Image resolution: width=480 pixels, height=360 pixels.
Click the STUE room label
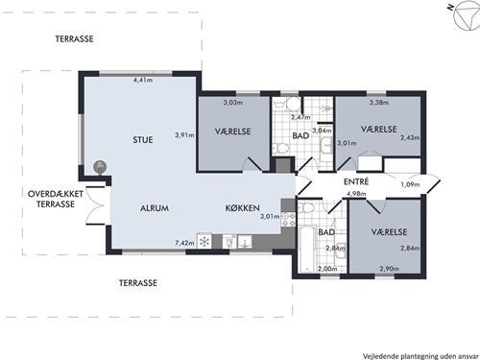143,140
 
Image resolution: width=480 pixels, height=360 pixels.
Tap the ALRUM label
155,208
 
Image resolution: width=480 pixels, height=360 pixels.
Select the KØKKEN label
243,208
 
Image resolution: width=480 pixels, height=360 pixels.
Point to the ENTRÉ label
356,181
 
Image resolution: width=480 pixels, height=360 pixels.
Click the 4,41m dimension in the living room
143,80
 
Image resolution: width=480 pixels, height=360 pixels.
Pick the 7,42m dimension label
184,243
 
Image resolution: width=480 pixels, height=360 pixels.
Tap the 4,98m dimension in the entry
356,194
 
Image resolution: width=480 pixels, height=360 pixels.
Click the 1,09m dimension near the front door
410,184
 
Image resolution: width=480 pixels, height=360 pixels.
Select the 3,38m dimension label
379,103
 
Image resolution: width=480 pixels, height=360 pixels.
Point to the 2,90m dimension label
390,269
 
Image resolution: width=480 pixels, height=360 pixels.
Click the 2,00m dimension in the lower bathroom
327,269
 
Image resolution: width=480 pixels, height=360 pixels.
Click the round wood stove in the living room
100,167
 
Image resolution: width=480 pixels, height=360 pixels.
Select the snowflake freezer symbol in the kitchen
204,242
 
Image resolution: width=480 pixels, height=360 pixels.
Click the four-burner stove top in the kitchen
288,219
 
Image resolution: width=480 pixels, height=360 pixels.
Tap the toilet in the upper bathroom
280,148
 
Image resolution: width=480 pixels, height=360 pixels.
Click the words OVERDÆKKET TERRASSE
56,199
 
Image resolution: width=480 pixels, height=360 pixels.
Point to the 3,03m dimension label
233,103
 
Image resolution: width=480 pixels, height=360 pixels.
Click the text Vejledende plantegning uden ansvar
420,356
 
